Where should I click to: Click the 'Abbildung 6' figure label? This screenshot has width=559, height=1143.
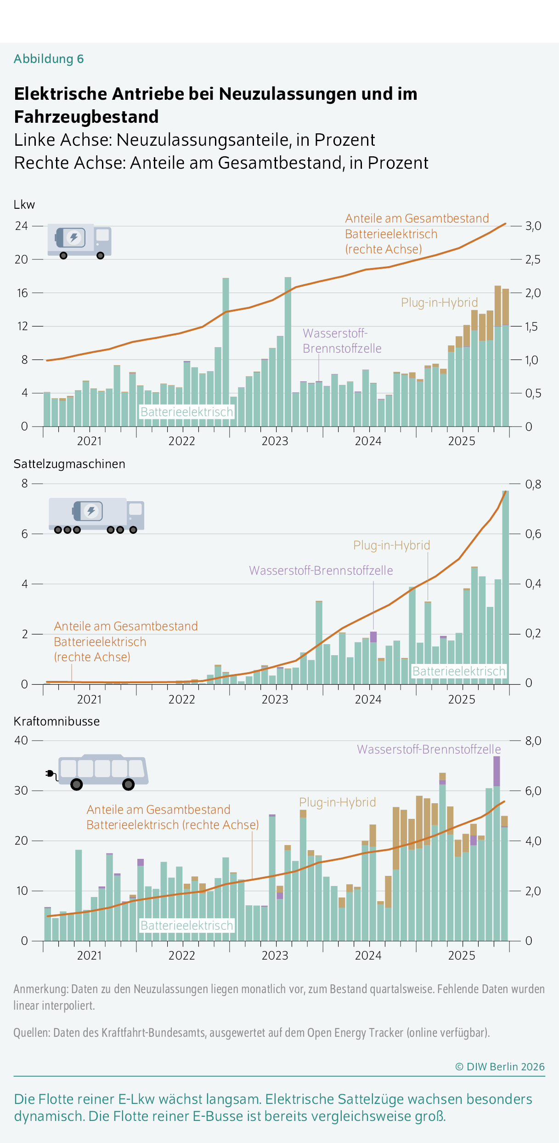coord(49,59)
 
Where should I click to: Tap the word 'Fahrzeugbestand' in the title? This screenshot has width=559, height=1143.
coord(86,117)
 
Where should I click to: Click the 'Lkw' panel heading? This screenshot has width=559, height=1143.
coord(24,205)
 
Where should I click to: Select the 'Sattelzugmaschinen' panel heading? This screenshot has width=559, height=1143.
coord(69,464)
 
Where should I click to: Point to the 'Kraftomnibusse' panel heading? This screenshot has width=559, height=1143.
coord(56,721)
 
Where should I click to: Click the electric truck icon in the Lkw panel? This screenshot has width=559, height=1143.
coord(79,241)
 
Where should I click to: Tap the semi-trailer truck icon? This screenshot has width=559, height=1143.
coord(96,515)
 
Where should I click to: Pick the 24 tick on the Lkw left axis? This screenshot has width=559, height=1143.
coord(21,226)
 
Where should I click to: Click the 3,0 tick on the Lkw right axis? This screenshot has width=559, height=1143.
coord(533,226)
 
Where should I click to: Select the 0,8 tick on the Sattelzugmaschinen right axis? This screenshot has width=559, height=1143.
coord(533,484)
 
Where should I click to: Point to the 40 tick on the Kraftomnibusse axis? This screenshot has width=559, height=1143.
coord(21,740)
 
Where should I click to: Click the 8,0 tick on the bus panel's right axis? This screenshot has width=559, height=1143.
coord(533,741)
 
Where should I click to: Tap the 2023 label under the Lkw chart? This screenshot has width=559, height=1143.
coord(275,441)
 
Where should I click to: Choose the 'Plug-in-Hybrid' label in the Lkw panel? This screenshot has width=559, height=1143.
coord(439,303)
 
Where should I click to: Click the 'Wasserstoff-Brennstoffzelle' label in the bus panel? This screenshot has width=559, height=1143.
coord(429,749)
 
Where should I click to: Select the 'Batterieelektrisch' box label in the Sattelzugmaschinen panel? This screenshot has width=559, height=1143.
coord(458,671)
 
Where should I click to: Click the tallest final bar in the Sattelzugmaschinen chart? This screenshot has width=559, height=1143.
coord(505,589)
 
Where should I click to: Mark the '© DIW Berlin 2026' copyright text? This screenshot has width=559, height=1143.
coord(500,1067)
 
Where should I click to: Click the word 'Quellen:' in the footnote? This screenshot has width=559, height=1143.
coord(32,1033)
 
